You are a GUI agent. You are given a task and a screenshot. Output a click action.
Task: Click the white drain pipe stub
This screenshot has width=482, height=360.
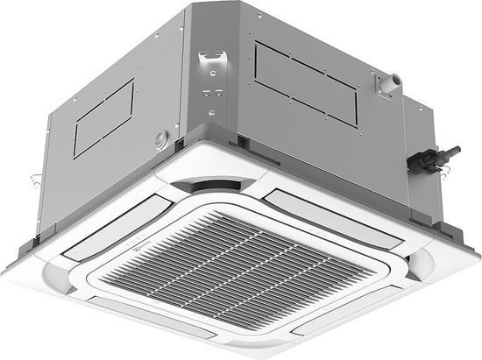point(385,81)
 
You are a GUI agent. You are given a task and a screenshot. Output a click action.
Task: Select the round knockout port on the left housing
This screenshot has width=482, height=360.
point(161,138)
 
